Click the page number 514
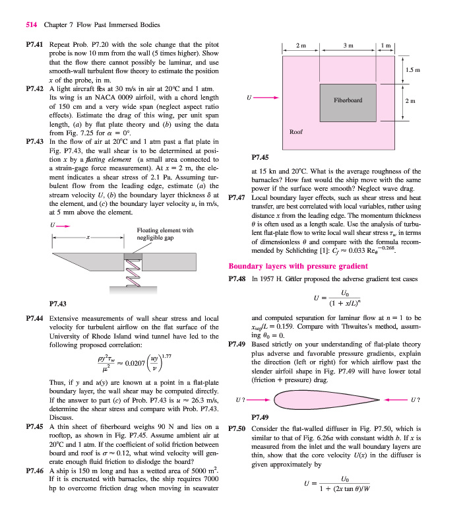[x=30, y=25]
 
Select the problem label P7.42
[x=34, y=88]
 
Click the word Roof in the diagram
[x=296, y=132]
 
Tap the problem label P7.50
[x=237, y=429]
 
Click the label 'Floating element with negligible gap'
[x=164, y=234]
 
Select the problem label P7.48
[x=237, y=280]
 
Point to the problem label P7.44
[x=34, y=318]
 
